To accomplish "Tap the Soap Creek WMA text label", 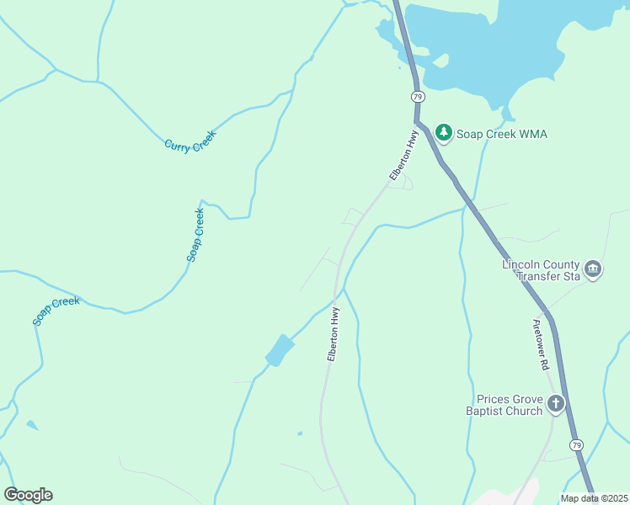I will tap(502, 134).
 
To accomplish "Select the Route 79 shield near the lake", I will tap(418, 97).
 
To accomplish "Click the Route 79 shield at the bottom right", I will tap(576, 444).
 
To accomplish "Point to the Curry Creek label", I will tap(190, 141).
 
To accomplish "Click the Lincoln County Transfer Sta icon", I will tap(593, 269).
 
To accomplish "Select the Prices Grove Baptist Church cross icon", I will tap(556, 405).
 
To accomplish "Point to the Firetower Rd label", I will tap(541, 345).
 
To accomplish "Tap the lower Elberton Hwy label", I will tap(334, 335).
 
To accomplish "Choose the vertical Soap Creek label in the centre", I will tap(195, 235).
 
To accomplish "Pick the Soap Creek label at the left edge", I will tap(56, 311).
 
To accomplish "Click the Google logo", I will tap(28, 495).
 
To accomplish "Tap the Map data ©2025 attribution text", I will tap(594, 498).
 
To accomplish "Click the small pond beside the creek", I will tap(280, 350).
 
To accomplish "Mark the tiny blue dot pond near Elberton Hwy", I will tap(300, 434).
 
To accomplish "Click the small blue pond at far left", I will tap(31, 425).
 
